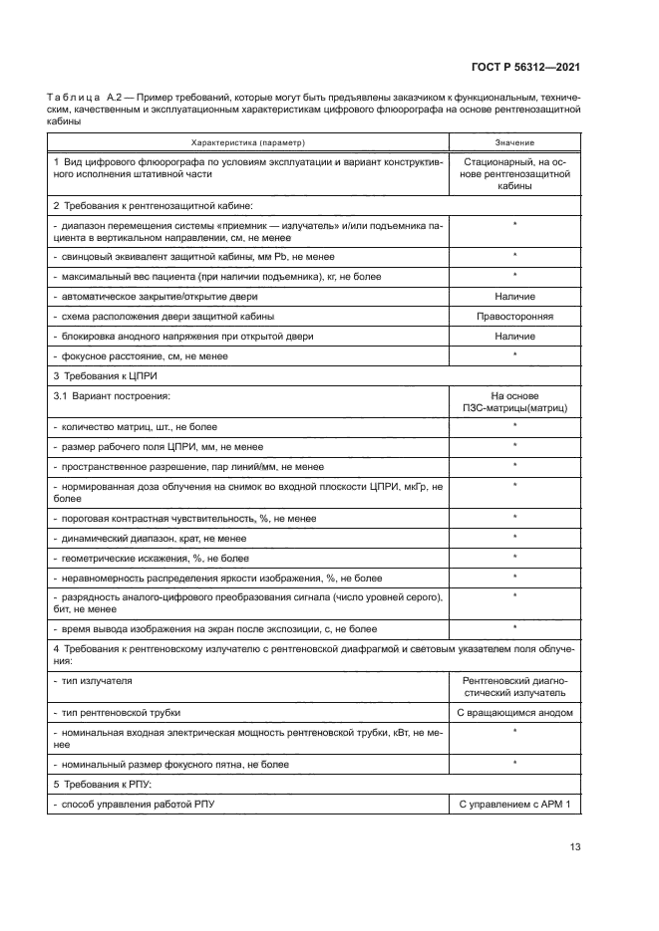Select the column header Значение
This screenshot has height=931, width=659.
[514, 142]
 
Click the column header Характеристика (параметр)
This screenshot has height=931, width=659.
[249, 142]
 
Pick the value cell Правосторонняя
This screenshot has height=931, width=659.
[514, 317]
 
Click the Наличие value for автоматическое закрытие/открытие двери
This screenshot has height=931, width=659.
[514, 297]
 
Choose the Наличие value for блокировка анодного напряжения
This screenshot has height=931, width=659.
[514, 337]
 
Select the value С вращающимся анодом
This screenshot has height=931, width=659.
[514, 712]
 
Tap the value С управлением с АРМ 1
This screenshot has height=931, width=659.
[514, 803]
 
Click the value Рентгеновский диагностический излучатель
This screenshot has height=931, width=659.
[514, 685]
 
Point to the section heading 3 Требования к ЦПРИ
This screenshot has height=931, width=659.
[105, 375]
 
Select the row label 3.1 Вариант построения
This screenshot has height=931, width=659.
[111, 395]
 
